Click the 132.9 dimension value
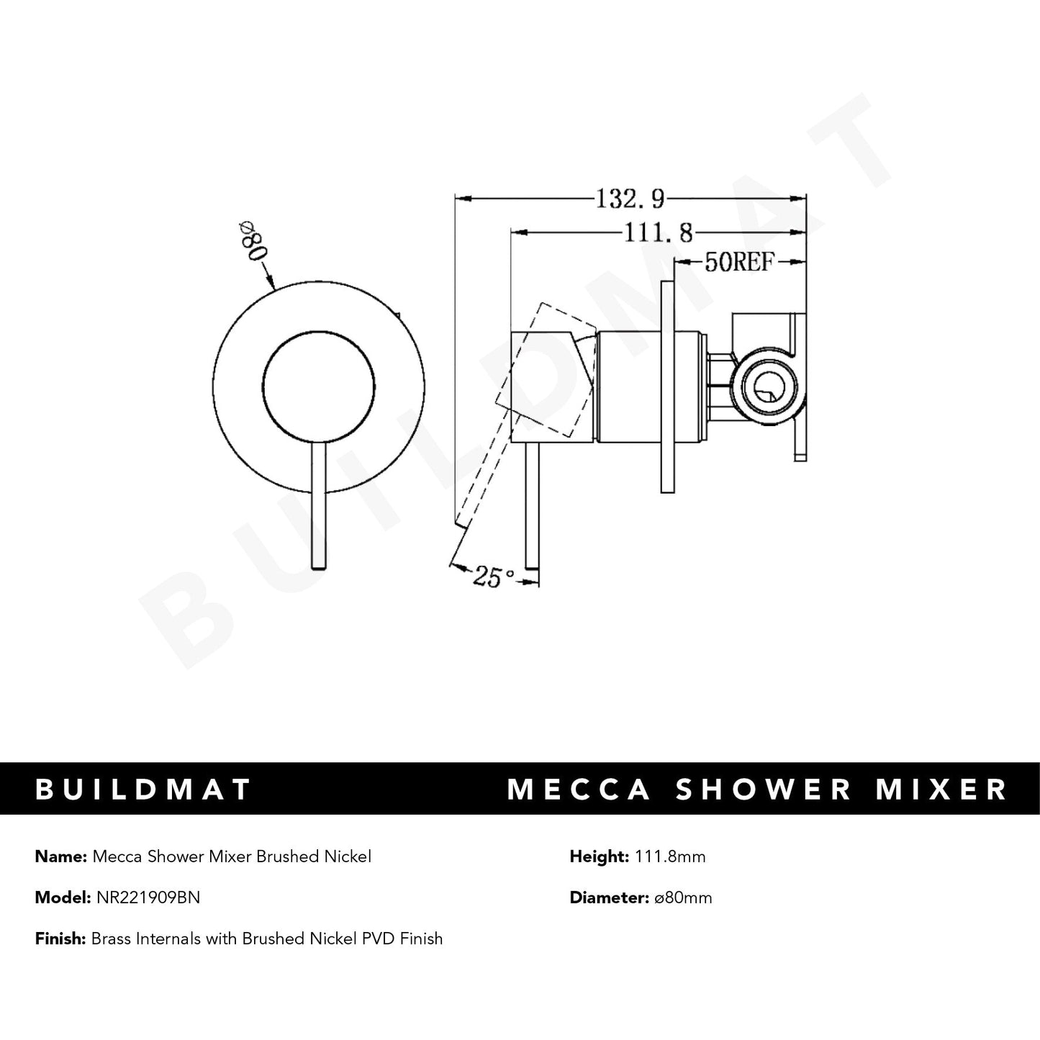(629, 197)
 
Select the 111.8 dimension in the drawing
(657, 232)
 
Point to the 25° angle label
(494, 576)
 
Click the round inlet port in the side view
(768, 390)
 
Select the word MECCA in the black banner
(579, 789)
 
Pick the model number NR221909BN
(148, 897)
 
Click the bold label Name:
(60, 856)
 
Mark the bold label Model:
(63, 897)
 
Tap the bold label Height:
(598, 856)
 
